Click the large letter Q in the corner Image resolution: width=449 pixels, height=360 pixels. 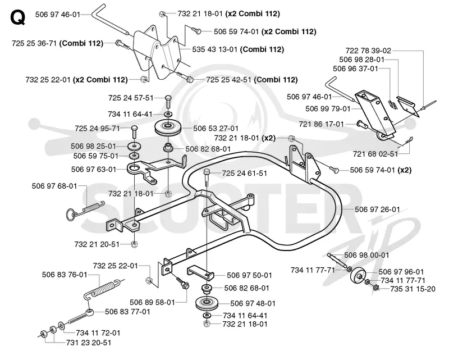[x=17, y=17]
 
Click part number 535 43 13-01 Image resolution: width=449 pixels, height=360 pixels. [x=215, y=49]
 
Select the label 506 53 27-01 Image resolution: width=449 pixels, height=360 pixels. [x=216, y=129]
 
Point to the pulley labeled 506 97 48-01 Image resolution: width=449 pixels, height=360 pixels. [x=206, y=303]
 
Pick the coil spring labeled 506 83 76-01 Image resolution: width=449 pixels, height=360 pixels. [x=102, y=289]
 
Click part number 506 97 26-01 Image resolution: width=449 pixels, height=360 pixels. [x=377, y=209]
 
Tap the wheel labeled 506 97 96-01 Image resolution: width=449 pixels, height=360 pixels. [x=358, y=277]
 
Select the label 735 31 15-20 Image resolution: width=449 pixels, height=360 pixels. [x=413, y=289]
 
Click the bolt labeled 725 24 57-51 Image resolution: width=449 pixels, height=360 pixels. [x=168, y=102]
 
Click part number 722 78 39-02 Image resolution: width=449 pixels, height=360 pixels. [x=368, y=51]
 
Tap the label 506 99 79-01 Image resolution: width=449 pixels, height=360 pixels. [x=328, y=108]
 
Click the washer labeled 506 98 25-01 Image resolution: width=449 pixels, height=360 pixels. [x=134, y=146]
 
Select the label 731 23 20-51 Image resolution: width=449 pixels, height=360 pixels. [x=89, y=343]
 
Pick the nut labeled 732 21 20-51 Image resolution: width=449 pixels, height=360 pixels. [x=134, y=244]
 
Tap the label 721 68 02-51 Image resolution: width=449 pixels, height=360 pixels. [x=375, y=154]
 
